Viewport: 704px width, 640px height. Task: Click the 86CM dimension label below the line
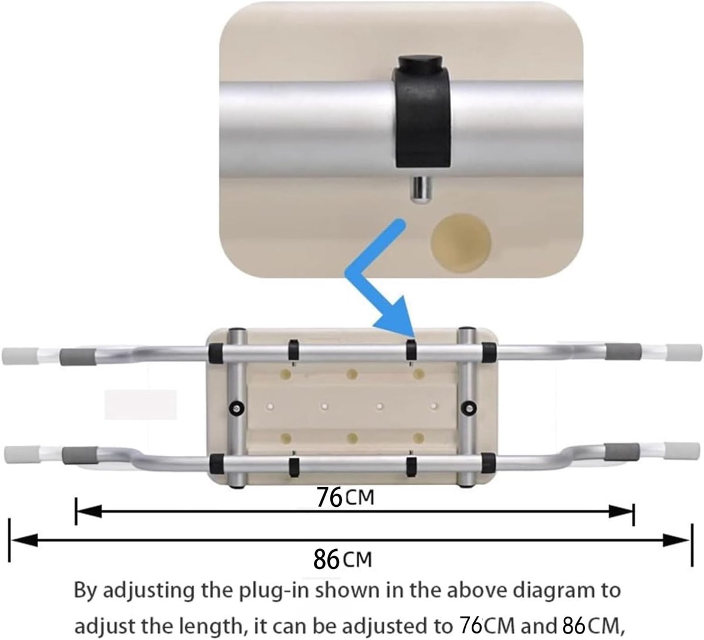click(342, 560)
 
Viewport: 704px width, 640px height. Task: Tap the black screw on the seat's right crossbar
click(469, 408)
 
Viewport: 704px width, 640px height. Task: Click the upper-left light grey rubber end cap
click(15, 356)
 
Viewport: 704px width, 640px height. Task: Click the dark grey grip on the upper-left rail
click(78, 357)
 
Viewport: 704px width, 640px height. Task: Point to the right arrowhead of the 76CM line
click(621, 512)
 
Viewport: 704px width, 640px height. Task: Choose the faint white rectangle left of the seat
click(141, 404)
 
